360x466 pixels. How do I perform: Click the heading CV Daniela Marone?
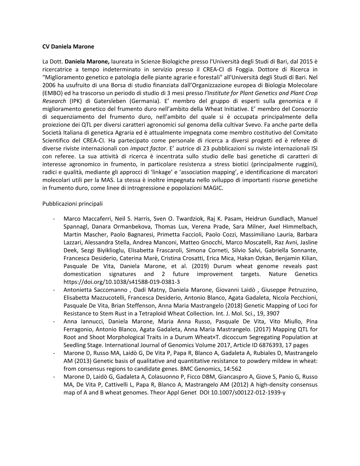click(68, 46)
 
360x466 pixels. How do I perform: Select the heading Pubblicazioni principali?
click(72, 203)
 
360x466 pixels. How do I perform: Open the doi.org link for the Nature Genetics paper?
click(121, 282)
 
